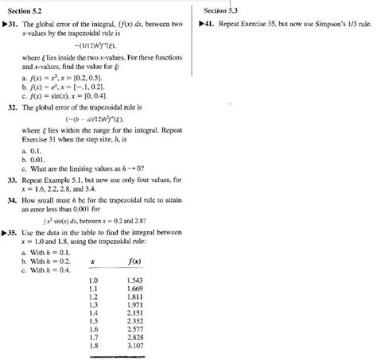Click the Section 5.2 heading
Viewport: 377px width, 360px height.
coord(25,11)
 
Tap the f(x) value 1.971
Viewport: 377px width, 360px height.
coord(135,304)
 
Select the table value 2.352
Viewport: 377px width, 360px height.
coord(135,321)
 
